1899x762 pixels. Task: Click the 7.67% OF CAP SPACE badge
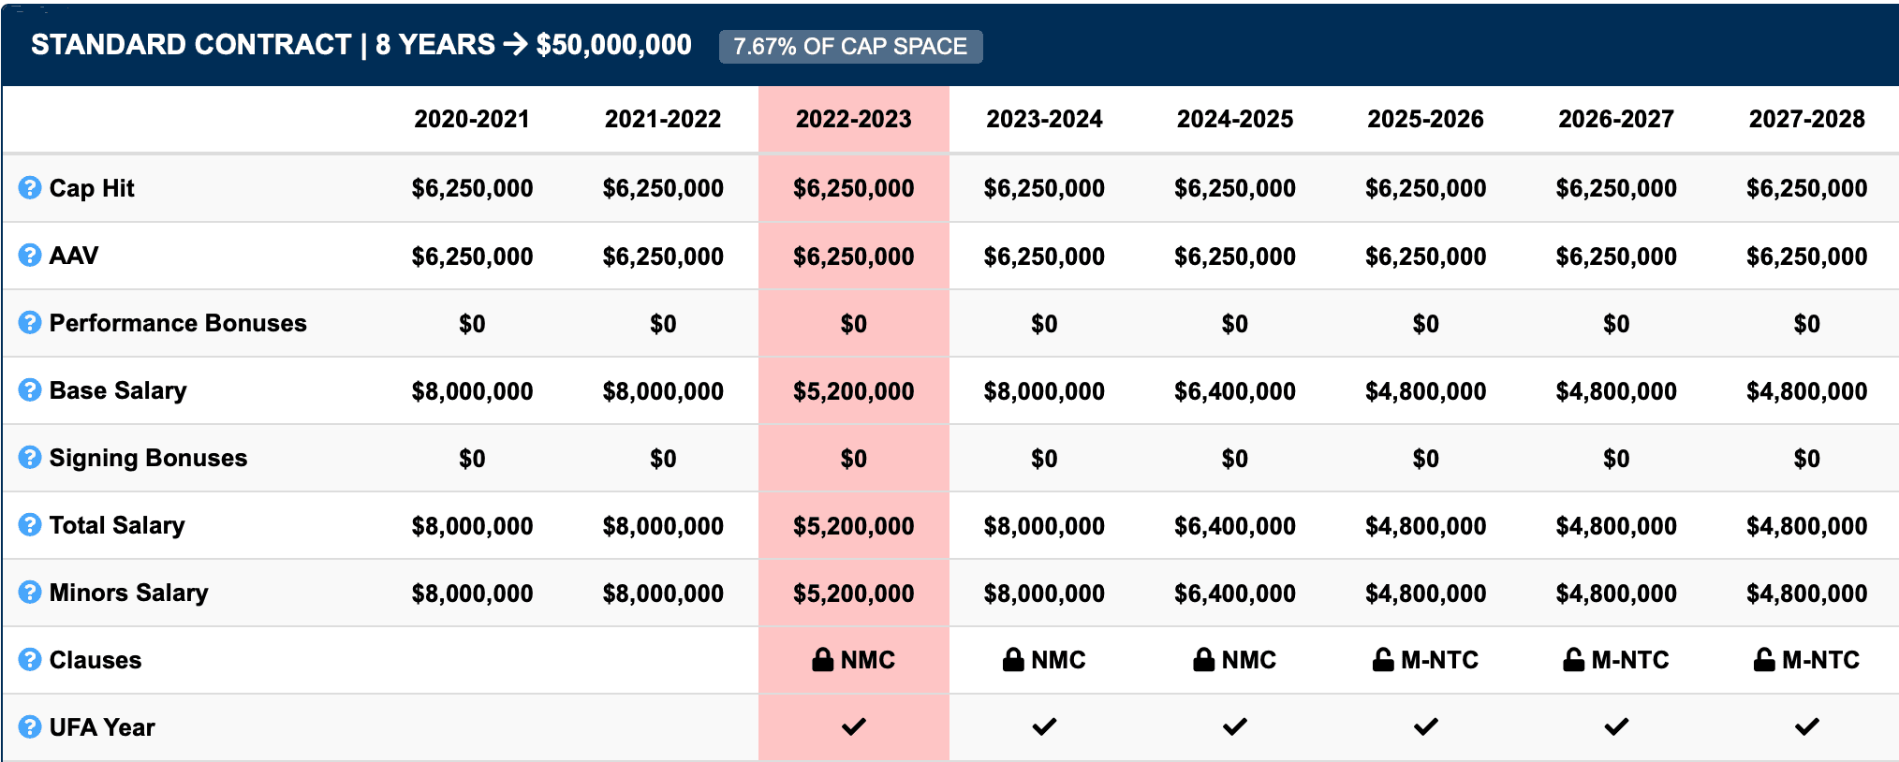click(850, 47)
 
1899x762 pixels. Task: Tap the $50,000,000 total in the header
click(613, 45)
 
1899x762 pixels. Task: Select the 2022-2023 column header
click(853, 119)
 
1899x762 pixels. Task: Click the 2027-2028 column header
click(1806, 119)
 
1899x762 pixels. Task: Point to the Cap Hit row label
click(92, 188)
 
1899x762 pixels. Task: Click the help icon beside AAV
click(30, 256)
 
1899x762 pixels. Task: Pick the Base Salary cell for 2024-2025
click(1234, 391)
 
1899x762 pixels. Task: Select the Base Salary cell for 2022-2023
click(853, 391)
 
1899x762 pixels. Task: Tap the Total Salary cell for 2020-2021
click(472, 526)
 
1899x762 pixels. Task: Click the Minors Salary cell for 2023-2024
click(1044, 593)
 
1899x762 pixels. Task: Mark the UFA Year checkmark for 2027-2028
click(1806, 726)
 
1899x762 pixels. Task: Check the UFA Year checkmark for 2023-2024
click(1044, 726)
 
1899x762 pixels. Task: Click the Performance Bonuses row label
click(178, 323)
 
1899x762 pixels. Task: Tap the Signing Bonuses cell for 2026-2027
click(1616, 459)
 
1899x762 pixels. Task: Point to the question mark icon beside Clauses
click(30, 660)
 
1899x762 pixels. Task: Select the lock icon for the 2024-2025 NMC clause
click(1203, 660)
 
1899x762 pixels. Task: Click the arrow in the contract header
click(515, 44)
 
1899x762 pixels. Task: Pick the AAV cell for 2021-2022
click(663, 256)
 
